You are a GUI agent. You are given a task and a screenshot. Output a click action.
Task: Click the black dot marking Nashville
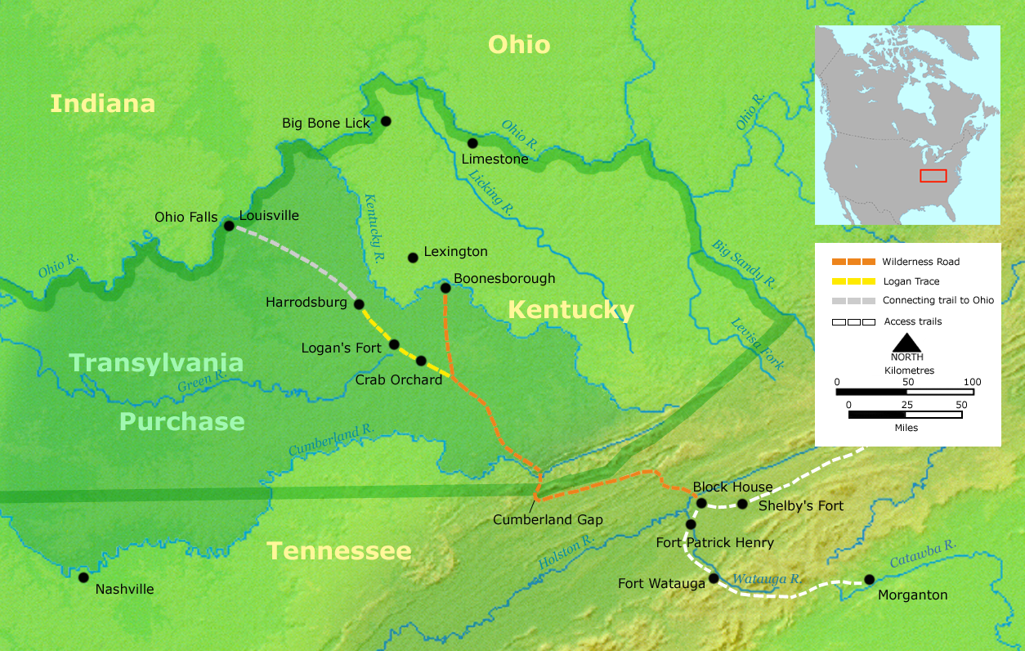click(x=83, y=577)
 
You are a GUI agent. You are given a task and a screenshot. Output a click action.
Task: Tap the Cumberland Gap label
click(x=548, y=520)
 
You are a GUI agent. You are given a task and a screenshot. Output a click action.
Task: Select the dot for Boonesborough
click(x=445, y=288)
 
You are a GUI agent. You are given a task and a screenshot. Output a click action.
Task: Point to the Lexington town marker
click(x=413, y=258)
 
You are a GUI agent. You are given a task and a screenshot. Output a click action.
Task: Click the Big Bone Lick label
click(x=326, y=123)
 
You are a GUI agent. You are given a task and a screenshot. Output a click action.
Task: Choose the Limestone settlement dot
click(x=472, y=143)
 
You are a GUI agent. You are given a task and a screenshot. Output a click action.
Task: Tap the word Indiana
click(x=102, y=104)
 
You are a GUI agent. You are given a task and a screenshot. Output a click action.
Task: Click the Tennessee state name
click(x=339, y=550)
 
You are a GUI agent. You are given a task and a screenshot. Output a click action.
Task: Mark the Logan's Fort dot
click(x=394, y=344)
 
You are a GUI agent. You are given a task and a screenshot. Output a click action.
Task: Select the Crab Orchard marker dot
click(x=421, y=361)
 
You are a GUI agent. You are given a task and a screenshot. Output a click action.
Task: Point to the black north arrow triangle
click(x=906, y=343)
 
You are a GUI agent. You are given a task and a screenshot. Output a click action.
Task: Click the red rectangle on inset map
click(x=933, y=176)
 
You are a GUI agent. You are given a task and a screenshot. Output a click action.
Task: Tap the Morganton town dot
click(x=869, y=580)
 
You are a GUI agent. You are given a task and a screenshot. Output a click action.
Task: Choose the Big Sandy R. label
click(x=743, y=263)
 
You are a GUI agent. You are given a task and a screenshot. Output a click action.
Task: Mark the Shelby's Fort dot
click(x=742, y=504)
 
